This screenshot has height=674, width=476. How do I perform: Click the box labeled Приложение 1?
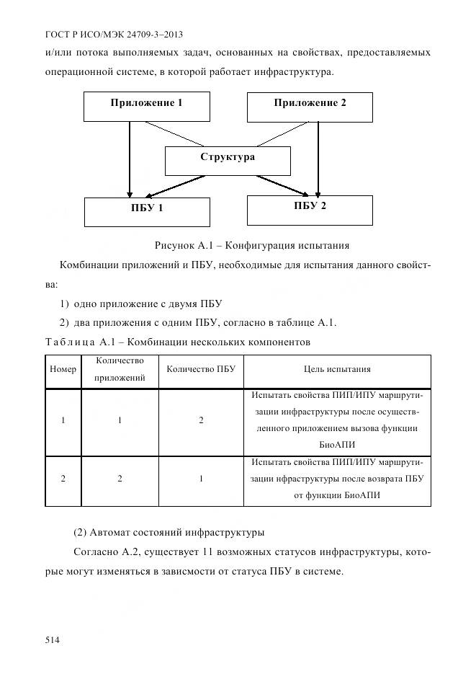point(147,106)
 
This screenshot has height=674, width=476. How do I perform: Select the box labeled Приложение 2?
point(310,106)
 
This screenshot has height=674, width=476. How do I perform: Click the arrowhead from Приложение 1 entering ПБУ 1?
point(130,192)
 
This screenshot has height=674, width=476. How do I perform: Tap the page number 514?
point(53,640)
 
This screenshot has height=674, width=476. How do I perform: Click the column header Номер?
point(63,370)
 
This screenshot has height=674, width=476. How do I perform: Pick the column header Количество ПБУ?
point(201,370)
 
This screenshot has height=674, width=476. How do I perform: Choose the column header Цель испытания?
point(337,370)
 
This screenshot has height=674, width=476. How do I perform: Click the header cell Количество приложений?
point(120,370)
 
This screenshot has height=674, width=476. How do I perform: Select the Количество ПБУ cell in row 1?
point(201,420)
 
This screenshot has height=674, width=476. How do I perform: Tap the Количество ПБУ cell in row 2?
point(201,479)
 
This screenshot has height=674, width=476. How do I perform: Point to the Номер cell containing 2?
point(63,479)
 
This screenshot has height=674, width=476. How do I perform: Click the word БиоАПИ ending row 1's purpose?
point(337,445)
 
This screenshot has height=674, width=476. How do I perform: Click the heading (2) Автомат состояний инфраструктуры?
point(169,533)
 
